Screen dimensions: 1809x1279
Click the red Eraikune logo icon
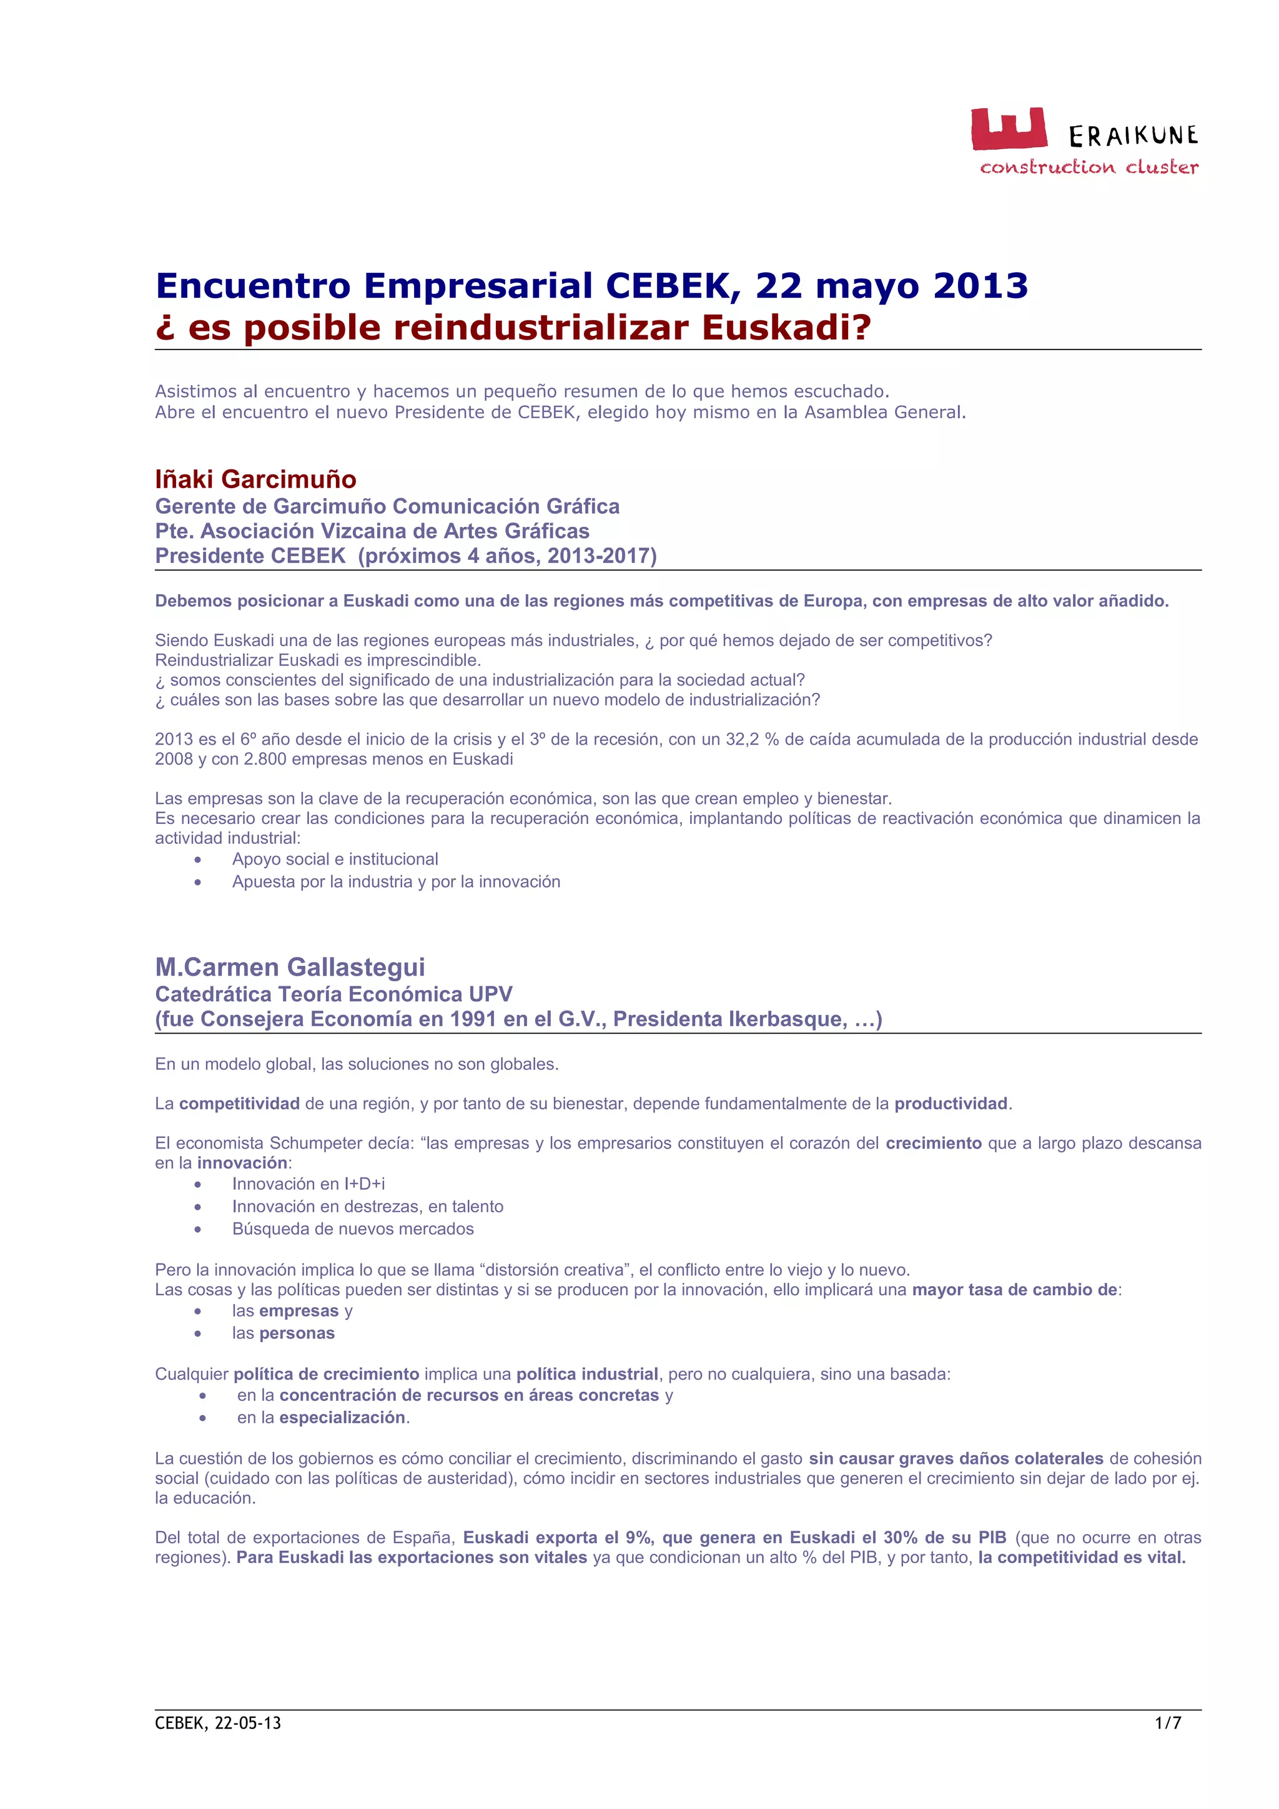[x=1008, y=129]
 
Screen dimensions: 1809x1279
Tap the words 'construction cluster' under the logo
[x=1089, y=167]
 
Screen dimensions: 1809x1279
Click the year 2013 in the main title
[x=980, y=286]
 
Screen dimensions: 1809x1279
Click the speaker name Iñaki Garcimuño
[x=255, y=479]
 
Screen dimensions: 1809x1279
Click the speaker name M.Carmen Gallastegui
[x=290, y=967]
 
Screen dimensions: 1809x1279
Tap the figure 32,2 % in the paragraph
[x=755, y=739]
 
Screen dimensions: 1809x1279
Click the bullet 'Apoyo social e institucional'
[x=335, y=859]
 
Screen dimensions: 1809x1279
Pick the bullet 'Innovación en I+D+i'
[x=308, y=1184]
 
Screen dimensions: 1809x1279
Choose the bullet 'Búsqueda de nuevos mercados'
[x=352, y=1228]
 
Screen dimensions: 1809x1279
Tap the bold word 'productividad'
[x=951, y=1103]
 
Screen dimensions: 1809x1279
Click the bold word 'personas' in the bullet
[x=297, y=1333]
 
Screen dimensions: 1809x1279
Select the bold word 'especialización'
[x=342, y=1418]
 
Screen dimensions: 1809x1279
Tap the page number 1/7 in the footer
[x=1168, y=1723]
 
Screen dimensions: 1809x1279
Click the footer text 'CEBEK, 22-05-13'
[x=217, y=1723]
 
